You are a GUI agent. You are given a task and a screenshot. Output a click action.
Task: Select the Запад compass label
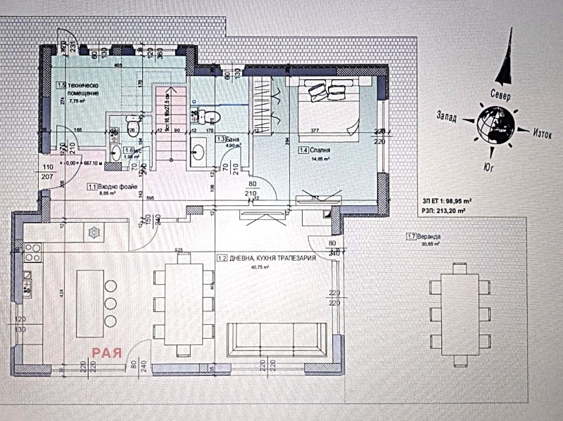pyautogui.click(x=450, y=116)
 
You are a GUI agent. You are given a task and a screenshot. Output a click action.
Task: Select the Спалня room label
pyautogui.click(x=320, y=150)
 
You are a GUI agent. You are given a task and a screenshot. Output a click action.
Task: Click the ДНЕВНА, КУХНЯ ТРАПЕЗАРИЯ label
pyautogui.click(x=265, y=259)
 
